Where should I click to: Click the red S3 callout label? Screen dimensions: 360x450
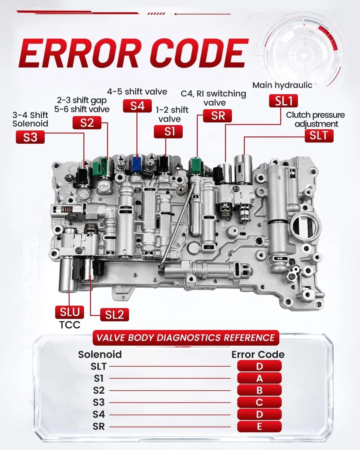tap(30, 137)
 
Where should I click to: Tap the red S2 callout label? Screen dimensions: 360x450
tap(87, 123)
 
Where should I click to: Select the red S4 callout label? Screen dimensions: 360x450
tap(137, 106)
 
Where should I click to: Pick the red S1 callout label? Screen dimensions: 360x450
tap(168, 131)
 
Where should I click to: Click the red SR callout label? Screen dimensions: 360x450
tap(217, 115)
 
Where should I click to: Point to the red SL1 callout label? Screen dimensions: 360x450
tap(283, 101)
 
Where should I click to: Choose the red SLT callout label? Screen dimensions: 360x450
tap(319, 136)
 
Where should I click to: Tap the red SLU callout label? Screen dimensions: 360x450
tap(70, 312)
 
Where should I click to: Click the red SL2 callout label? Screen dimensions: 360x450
tap(115, 315)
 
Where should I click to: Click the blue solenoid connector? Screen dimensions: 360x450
tap(136, 163)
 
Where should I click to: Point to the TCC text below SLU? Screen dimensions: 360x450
tap(70, 325)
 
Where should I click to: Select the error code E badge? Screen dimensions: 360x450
tap(259, 427)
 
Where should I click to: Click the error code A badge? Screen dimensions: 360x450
tap(259, 378)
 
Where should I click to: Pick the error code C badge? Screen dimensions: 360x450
tap(259, 402)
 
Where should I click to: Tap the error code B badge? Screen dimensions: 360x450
tap(259, 390)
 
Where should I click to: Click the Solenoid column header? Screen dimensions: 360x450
tap(100, 354)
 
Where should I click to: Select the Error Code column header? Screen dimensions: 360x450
tap(258, 354)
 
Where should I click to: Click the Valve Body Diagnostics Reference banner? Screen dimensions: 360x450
tap(186, 338)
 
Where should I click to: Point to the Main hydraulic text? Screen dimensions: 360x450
tap(282, 85)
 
